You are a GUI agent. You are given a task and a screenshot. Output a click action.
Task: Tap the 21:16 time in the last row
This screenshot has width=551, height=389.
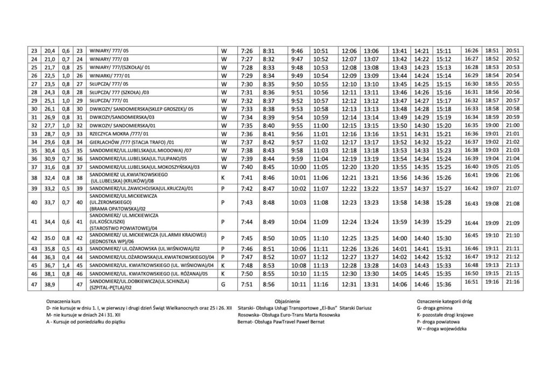pyautogui.click(x=512, y=281)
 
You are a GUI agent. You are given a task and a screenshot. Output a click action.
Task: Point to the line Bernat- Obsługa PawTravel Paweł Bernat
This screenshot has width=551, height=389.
pyautogui.click(x=280, y=321)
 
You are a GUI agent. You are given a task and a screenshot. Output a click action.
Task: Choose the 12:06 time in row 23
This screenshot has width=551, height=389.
pyautogui.click(x=349, y=50)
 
